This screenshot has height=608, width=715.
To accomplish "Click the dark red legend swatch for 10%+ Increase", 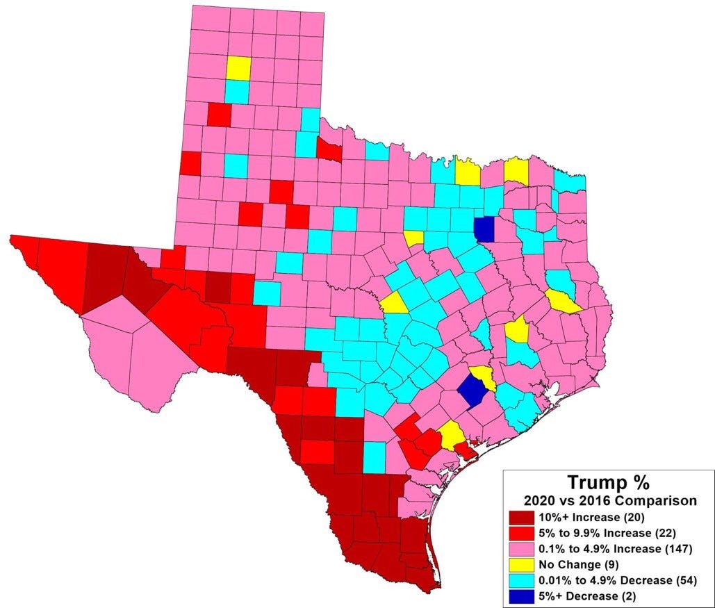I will [522, 518].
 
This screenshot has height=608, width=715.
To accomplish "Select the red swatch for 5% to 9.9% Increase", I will [522, 534].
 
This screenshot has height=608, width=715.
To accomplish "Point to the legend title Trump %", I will [608, 482].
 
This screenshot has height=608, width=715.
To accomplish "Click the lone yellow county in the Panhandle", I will [238, 68].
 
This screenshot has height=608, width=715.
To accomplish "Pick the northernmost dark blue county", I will [484, 228].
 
